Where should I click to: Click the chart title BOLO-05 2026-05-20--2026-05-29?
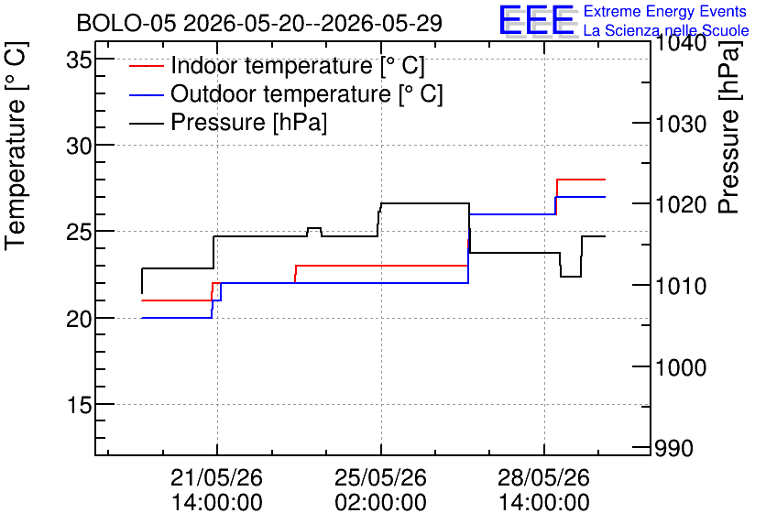pyautogui.click(x=259, y=23)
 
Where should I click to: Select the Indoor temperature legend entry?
pyautogui.click(x=277, y=65)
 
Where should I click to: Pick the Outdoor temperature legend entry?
pyautogui.click(x=286, y=93)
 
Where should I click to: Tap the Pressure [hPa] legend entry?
pyautogui.click(x=228, y=122)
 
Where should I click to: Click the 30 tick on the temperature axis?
pyautogui.click(x=80, y=146)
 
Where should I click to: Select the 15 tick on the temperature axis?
pyautogui.click(x=80, y=404)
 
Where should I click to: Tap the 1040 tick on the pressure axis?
pyautogui.click(x=681, y=43)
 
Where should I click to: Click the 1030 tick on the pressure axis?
pyautogui.click(x=681, y=124)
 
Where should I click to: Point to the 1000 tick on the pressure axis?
pyautogui.click(x=681, y=367)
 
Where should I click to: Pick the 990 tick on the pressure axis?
pyautogui.click(x=673, y=448)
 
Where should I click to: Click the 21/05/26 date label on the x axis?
pyautogui.click(x=216, y=477)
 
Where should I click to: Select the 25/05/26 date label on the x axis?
pyautogui.click(x=380, y=477)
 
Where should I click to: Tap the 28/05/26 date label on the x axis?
pyautogui.click(x=543, y=477)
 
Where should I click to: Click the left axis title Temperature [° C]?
pyautogui.click(x=16, y=147)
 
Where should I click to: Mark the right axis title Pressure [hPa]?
pyautogui.click(x=729, y=127)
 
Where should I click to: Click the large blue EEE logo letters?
pyautogui.click(x=537, y=19)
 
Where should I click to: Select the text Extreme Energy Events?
pyautogui.click(x=665, y=11)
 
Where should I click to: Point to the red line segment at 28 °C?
pyautogui.click(x=581, y=180)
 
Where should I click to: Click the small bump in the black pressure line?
pyautogui.click(x=314, y=228)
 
